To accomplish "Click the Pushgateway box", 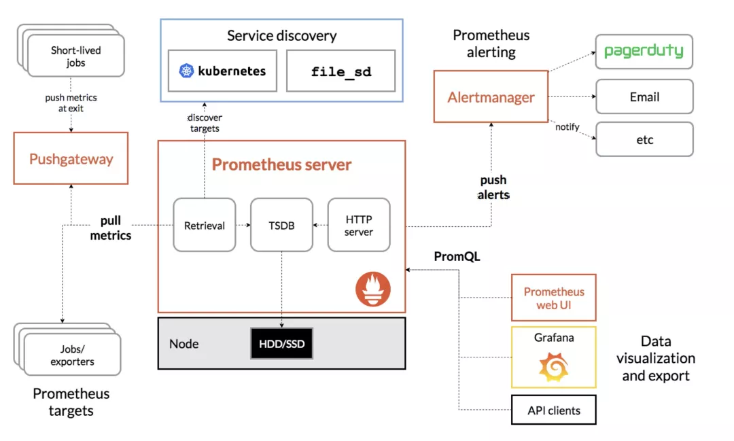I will click(x=71, y=158).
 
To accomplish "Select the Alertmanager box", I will click(x=491, y=97).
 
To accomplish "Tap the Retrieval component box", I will click(x=204, y=226).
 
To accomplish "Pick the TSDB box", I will click(x=281, y=226).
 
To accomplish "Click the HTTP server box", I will click(x=359, y=226).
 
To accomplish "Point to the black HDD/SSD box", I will click(x=281, y=345).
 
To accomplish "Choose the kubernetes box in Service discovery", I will click(x=223, y=71).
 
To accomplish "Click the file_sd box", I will click(x=340, y=71).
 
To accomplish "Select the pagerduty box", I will click(x=644, y=52).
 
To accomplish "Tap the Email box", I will click(x=644, y=96).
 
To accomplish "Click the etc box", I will click(x=644, y=139).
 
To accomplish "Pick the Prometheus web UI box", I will click(x=553, y=298).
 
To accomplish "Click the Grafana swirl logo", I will click(x=554, y=367).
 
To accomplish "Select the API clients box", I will click(x=553, y=410).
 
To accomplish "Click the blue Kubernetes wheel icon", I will click(x=186, y=71).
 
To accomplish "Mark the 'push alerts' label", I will click(x=493, y=187).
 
